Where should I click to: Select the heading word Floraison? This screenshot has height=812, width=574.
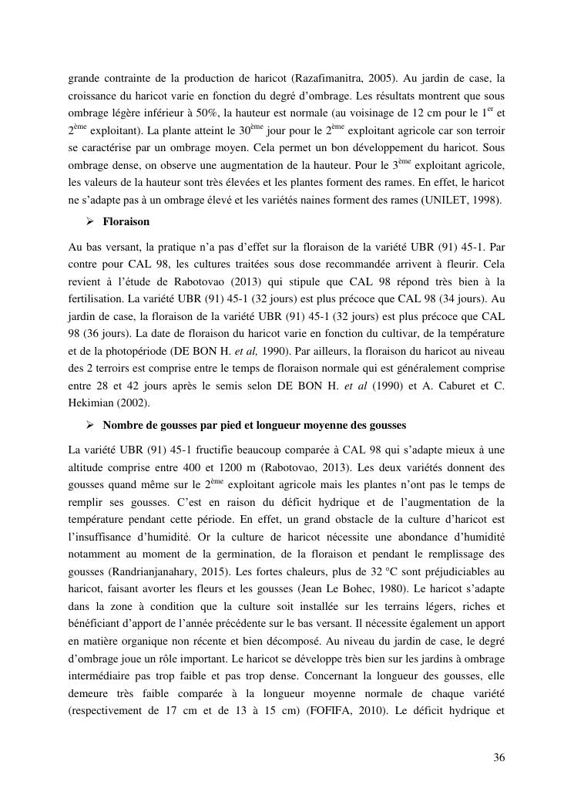(x=126, y=221)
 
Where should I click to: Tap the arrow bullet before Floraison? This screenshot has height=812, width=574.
(x=89, y=221)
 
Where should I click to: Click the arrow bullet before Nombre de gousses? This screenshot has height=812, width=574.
(x=89, y=425)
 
